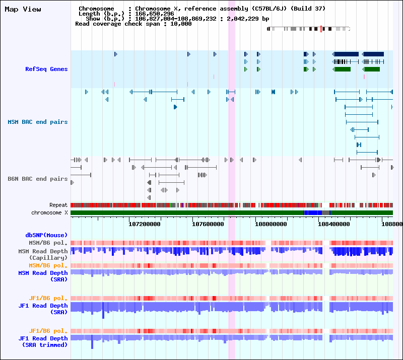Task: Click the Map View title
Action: tap(23, 9)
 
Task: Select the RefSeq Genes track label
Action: tap(46, 69)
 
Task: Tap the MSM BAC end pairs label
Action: tap(38, 122)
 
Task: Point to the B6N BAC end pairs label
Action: tap(38, 179)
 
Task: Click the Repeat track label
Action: tap(58, 205)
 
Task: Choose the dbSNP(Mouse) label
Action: tap(46, 235)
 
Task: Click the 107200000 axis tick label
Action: tap(145, 224)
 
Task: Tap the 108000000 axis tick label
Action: tap(271, 224)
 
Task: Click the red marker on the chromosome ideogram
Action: tap(321, 29)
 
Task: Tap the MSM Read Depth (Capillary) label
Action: tap(43, 254)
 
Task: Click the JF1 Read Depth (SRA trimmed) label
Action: tap(43, 341)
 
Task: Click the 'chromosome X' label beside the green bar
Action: tap(49, 213)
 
